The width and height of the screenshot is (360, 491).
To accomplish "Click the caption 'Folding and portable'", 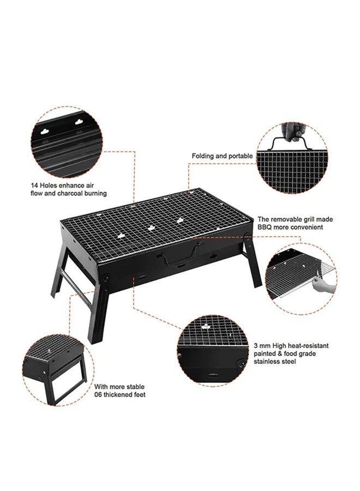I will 222,156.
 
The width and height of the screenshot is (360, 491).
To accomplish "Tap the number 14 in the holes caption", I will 35,184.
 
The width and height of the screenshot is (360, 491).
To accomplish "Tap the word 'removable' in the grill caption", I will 289,218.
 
